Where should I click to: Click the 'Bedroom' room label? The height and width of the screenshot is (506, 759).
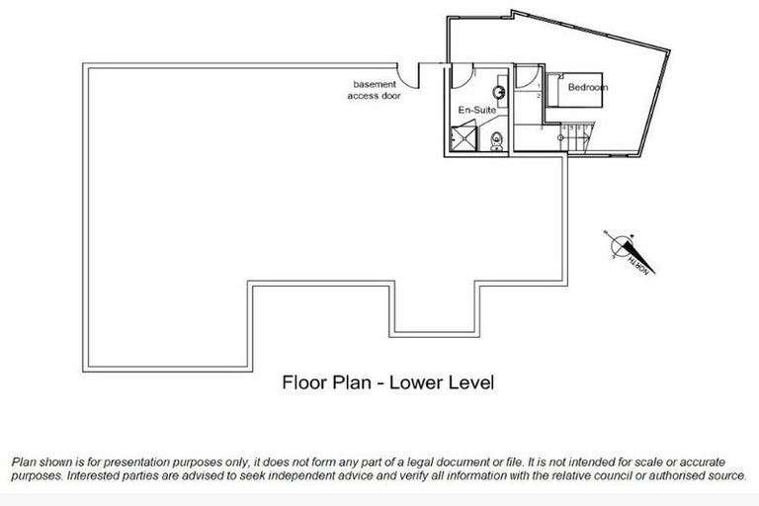pyautogui.click(x=587, y=88)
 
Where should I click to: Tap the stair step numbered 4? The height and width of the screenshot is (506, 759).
pyautogui.click(x=564, y=127)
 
